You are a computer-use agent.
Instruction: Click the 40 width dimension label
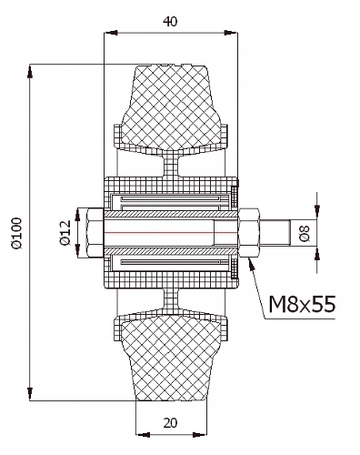[x=170, y=22]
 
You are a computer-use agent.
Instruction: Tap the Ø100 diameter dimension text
[x=17, y=233]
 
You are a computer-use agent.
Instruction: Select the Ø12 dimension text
[x=65, y=233]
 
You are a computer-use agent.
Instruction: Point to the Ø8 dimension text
[x=305, y=233]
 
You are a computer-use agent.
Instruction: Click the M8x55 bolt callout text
[x=302, y=304]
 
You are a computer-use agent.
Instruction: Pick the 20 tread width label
[x=170, y=422]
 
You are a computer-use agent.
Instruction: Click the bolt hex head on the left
[x=95, y=233]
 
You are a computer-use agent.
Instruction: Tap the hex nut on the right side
[x=249, y=233]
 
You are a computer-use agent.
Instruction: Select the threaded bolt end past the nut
[x=275, y=233]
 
